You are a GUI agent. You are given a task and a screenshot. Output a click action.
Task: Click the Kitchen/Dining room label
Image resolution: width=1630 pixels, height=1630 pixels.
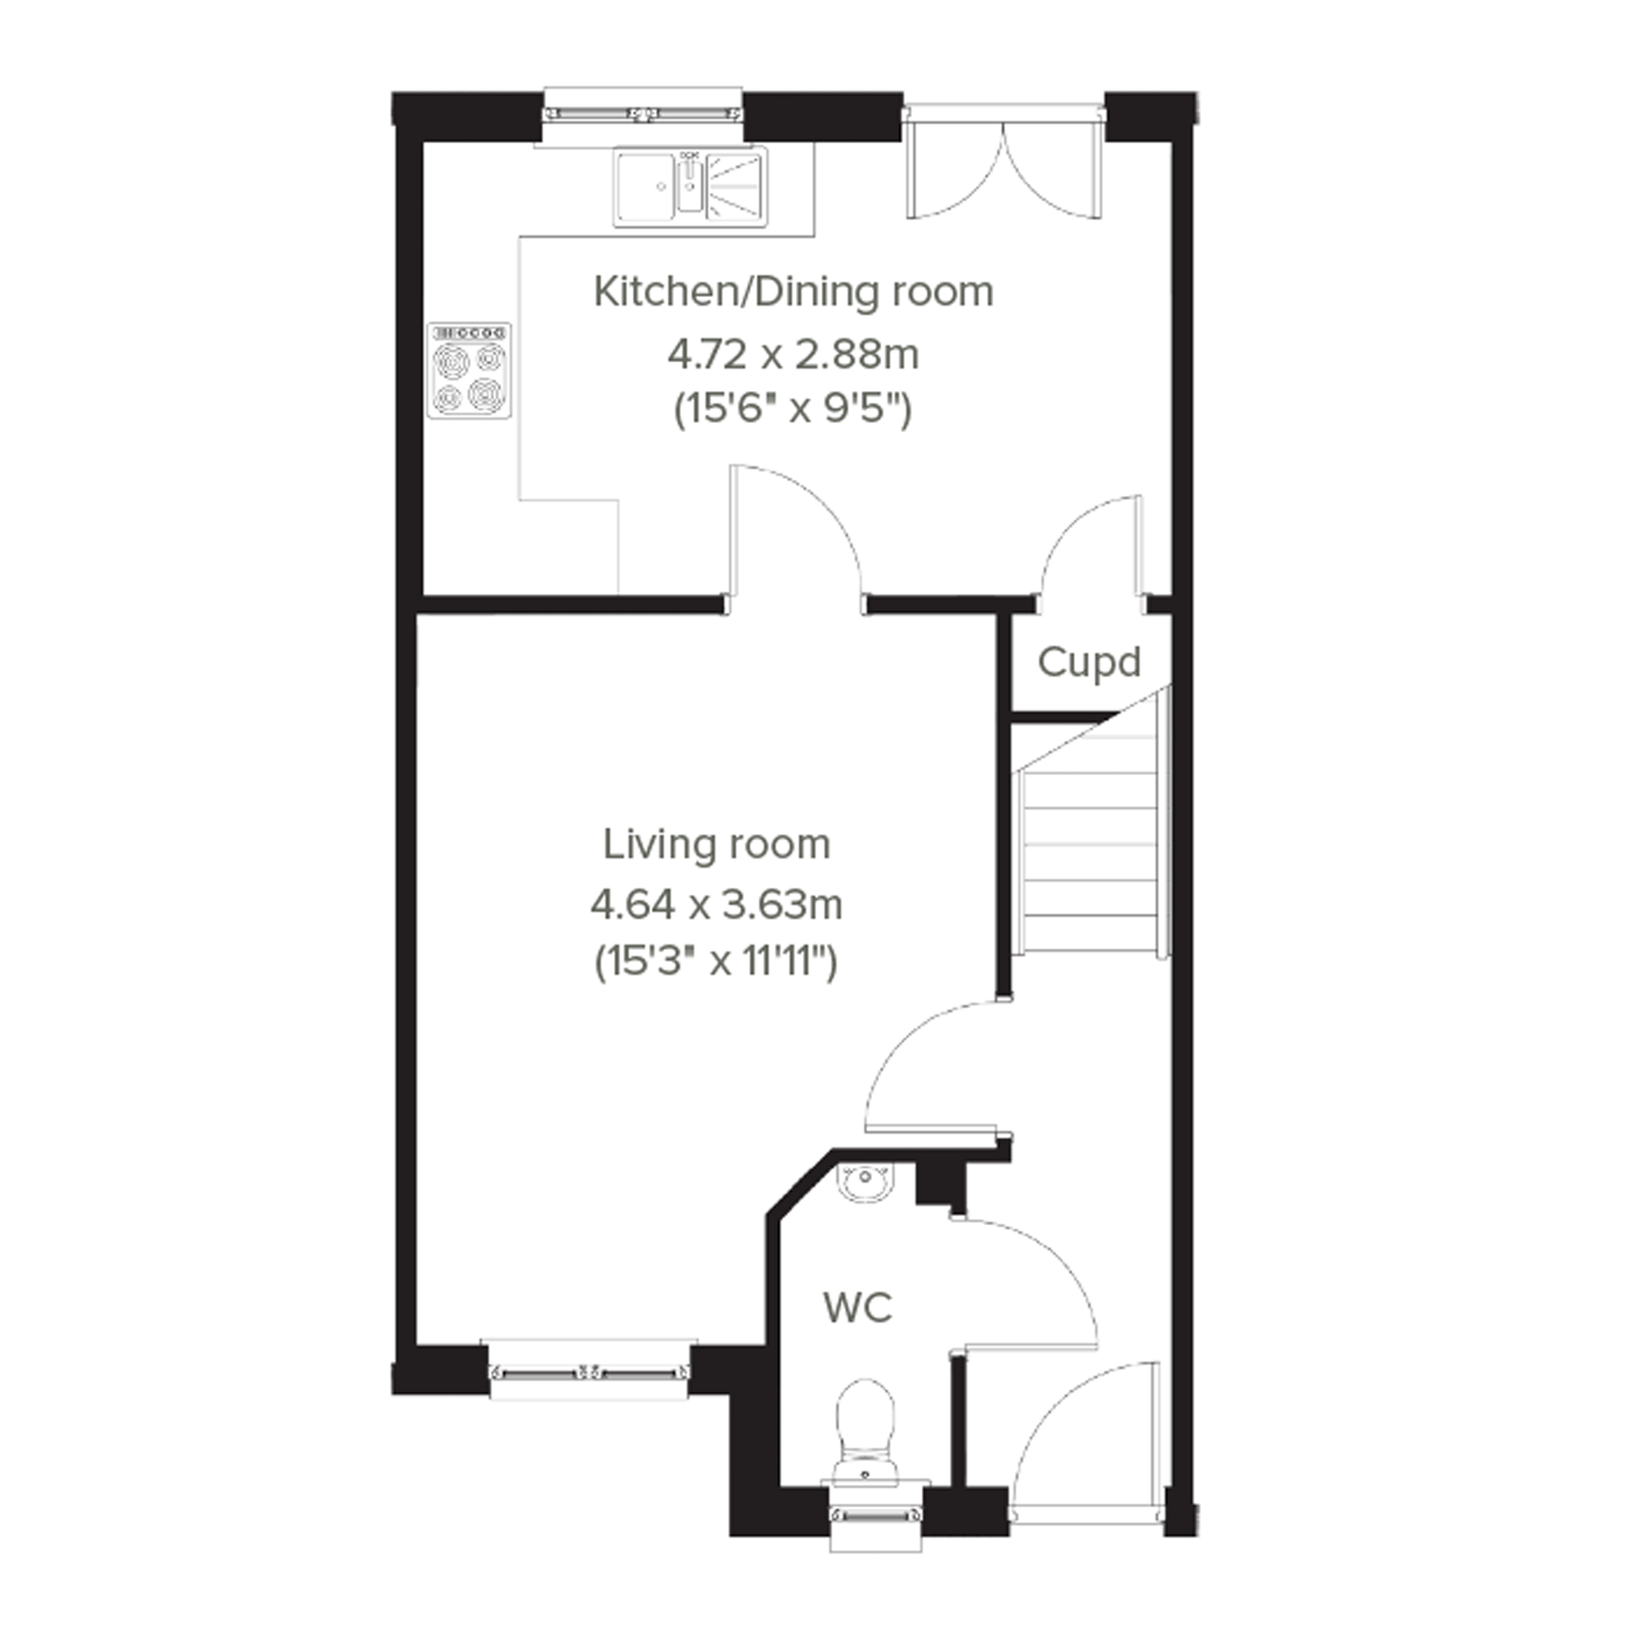(x=793, y=292)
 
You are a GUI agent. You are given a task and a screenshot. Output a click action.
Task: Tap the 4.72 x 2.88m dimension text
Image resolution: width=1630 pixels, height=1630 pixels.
(x=793, y=354)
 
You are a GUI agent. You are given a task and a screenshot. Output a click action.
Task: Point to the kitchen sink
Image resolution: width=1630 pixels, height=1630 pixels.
(x=690, y=186)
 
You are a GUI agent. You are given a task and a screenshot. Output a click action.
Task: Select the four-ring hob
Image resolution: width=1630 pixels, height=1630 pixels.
(x=469, y=370)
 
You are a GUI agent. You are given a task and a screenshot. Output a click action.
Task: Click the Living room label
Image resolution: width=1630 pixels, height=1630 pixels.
(x=716, y=845)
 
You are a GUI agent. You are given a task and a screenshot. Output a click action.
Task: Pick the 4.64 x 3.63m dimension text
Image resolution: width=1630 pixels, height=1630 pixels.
(x=716, y=904)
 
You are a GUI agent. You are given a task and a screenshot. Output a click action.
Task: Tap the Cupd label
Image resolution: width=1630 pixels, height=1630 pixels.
(x=1088, y=662)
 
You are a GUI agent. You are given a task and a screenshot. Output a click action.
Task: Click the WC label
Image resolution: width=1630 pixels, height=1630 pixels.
(x=857, y=1308)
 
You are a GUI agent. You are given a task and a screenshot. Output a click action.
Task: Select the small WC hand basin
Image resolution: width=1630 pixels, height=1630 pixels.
(x=865, y=1182)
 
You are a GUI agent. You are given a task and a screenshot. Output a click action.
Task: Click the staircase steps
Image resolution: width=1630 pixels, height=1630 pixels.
(x=1090, y=851)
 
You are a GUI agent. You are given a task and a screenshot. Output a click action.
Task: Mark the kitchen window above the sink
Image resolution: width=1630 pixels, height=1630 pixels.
(x=643, y=114)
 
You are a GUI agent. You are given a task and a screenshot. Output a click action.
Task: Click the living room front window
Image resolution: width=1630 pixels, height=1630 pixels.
(x=589, y=1373)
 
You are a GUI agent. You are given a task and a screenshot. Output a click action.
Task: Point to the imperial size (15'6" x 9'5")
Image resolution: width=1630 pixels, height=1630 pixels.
(x=793, y=410)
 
